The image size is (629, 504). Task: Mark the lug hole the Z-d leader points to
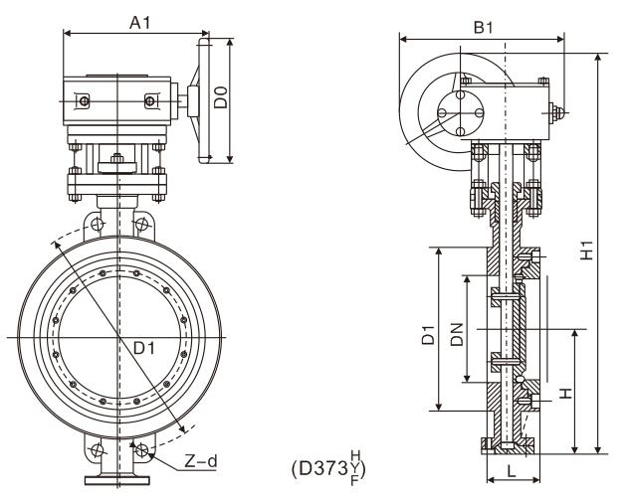143,452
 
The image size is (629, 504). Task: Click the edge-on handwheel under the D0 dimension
205,99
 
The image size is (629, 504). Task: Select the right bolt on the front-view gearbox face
150,100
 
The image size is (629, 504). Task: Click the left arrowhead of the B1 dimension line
401,41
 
